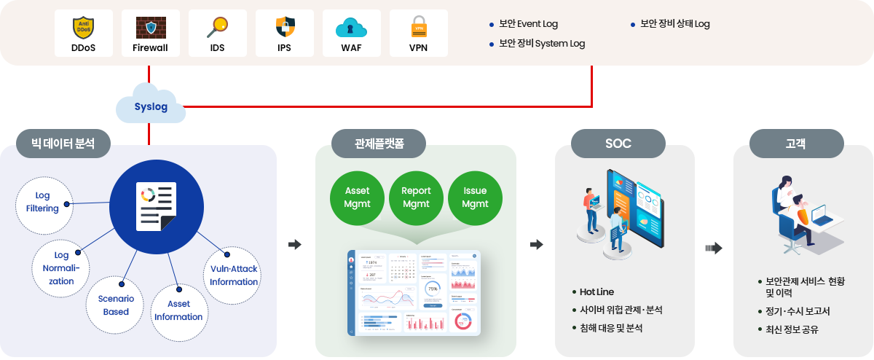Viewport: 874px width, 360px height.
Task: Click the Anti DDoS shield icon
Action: pyautogui.click(x=83, y=28)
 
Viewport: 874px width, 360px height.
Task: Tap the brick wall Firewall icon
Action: pyautogui.click(x=150, y=28)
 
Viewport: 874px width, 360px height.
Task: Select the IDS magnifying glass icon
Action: pyautogui.click(x=217, y=28)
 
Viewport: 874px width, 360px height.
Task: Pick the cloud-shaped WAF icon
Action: pyautogui.click(x=351, y=28)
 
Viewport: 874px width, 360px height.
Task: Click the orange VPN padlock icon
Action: pyautogui.click(x=418, y=27)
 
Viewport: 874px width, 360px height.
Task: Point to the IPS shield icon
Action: pyautogui.click(x=285, y=28)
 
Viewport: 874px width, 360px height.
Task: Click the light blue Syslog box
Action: pyautogui.click(x=151, y=106)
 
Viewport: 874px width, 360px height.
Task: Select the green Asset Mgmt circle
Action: pyautogui.click(x=357, y=197)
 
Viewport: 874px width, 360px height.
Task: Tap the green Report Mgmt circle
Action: pyautogui.click(x=416, y=197)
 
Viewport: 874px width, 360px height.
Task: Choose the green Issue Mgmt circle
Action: pyautogui.click(x=475, y=197)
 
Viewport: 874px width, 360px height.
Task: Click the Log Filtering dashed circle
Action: pyautogui.click(x=42, y=203)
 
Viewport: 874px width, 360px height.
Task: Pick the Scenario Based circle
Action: pyautogui.click(x=115, y=305)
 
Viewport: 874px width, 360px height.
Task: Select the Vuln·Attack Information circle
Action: pyautogui.click(x=233, y=276)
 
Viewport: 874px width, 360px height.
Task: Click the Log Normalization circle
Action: pyautogui.click(x=61, y=268)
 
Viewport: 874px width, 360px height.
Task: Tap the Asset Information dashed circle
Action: pyautogui.click(x=178, y=310)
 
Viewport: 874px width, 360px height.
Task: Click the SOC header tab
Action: pyautogui.click(x=618, y=144)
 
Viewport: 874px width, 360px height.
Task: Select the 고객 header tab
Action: pyautogui.click(x=796, y=144)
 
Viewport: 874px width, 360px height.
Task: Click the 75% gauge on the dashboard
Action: pyautogui.click(x=433, y=289)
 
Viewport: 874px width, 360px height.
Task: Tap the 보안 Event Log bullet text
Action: pyautogui.click(x=528, y=24)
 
